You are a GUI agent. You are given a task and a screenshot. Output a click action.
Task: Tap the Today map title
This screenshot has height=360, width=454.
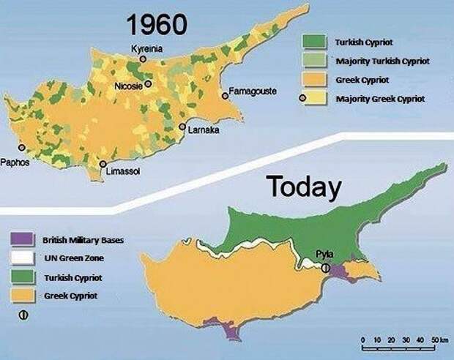(x=303, y=187)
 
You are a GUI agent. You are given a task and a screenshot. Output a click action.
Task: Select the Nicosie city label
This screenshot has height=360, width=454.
(x=130, y=86)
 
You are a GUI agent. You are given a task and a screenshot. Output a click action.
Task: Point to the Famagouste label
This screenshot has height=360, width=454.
(x=253, y=91)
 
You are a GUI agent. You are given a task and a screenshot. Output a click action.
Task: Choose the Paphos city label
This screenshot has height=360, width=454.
(x=15, y=162)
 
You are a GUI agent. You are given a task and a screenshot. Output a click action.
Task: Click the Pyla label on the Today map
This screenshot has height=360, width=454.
(x=324, y=254)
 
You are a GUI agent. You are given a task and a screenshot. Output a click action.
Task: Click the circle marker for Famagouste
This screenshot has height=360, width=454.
(x=226, y=95)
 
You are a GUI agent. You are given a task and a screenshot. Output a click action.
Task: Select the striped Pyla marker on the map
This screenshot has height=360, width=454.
(x=324, y=268)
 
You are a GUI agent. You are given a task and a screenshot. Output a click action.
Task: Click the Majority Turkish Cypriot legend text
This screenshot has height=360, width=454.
(x=376, y=61)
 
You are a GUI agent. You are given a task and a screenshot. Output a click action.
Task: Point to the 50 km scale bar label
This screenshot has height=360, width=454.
(x=438, y=340)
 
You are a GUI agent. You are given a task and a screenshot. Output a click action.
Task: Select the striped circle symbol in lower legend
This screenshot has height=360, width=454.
(x=23, y=315)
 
